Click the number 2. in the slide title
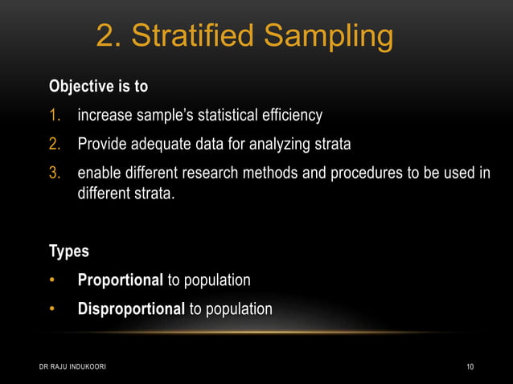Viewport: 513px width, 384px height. coord(108,35)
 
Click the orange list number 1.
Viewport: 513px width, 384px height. coord(55,116)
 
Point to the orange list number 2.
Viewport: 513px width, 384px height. coord(55,145)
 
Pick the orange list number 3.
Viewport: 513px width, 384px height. coord(55,174)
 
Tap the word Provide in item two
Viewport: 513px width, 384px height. coord(103,145)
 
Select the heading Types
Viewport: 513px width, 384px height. coord(69,251)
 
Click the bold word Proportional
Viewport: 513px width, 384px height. coord(120,280)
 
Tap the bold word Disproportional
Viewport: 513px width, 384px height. coord(131,309)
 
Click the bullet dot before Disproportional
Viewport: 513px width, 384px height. coord(53,309)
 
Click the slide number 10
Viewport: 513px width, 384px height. coord(470,367)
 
